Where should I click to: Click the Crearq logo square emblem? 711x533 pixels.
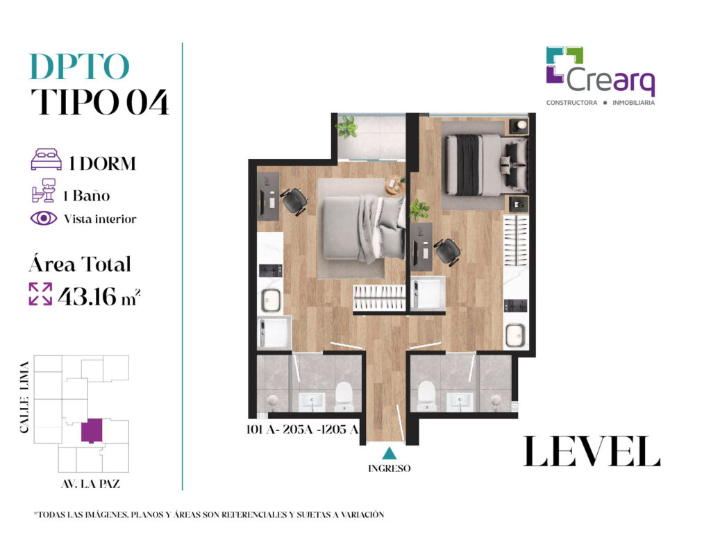click(564, 65)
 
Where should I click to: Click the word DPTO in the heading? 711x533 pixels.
click(79, 67)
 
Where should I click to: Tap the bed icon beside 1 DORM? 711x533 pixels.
click(47, 160)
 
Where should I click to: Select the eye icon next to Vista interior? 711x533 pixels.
click(44, 219)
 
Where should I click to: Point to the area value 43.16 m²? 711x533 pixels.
click(99, 296)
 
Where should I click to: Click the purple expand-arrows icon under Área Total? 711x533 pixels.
click(40, 294)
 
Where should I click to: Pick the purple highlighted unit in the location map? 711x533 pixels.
click(92, 430)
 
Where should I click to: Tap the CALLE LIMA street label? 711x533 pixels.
click(24, 397)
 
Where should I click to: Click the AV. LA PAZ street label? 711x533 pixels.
click(91, 484)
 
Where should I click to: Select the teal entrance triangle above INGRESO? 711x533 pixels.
click(389, 454)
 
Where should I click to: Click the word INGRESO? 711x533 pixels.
click(389, 468)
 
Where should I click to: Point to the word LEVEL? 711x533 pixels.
click(592, 451)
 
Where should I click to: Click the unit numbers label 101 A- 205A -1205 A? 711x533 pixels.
click(303, 429)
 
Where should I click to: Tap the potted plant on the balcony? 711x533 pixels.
click(347, 126)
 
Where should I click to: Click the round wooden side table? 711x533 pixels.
click(394, 185)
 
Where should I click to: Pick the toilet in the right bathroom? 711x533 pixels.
click(427, 396)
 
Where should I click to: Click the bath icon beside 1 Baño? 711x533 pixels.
click(44, 190)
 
